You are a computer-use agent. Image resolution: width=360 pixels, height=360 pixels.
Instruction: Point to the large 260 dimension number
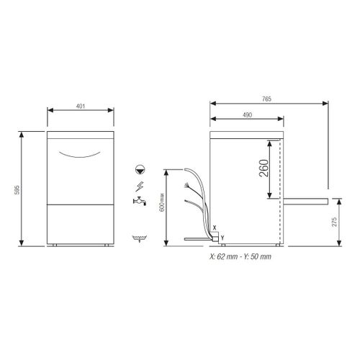[x=264, y=169]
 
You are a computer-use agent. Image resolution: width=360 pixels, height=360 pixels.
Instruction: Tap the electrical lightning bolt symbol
[x=137, y=186]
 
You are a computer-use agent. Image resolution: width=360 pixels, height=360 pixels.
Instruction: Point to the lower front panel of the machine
[x=81, y=224]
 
